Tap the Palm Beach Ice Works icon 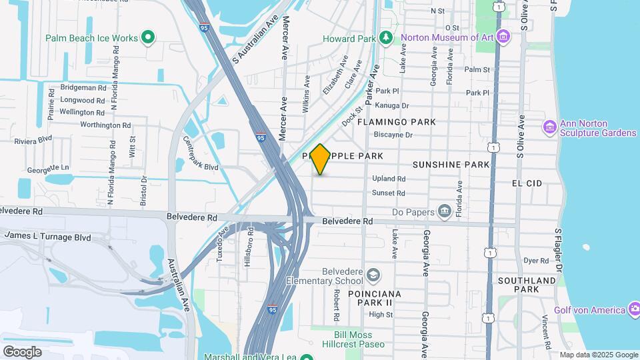pos(149,38)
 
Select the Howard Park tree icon pos(384,37)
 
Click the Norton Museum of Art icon pos(503,36)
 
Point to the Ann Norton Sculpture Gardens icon pos(550,127)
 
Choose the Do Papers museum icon pos(445,212)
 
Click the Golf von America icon pos(635,309)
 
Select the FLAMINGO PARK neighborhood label pos(396,122)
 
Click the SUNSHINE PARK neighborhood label pos(451,164)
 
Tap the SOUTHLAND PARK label pos(535,285)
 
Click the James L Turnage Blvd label pos(47,235)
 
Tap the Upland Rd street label pos(389,179)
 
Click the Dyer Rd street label pos(535,261)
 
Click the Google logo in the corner pos(22,351)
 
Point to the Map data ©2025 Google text pos(598,355)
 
